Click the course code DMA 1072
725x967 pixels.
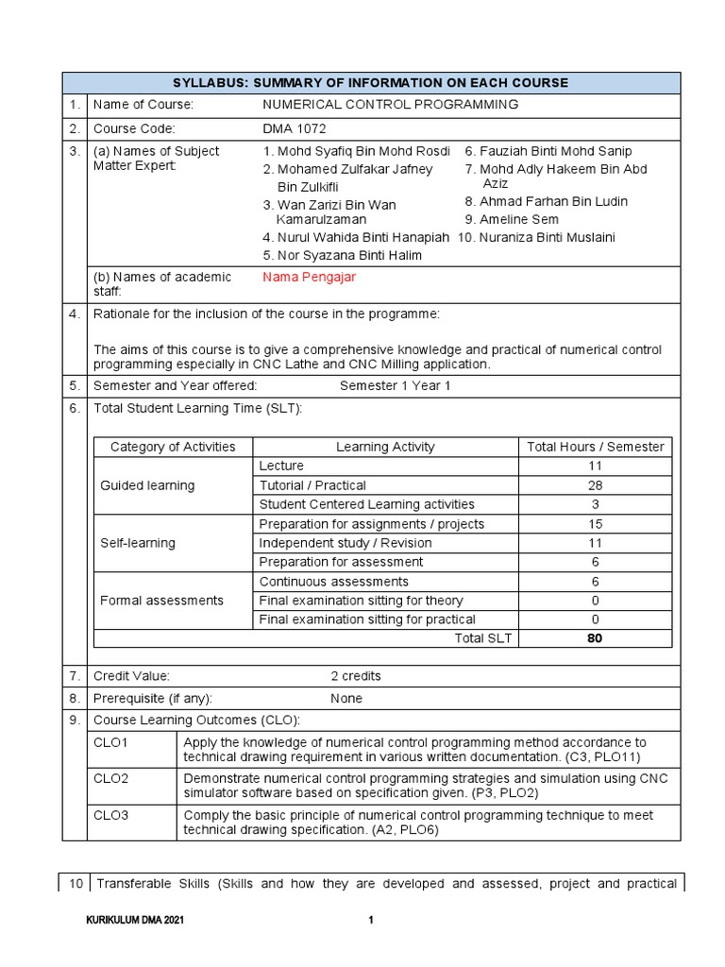[295, 128]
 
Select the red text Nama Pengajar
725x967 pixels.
[309, 277]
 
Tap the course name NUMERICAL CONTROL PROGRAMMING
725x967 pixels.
[390, 105]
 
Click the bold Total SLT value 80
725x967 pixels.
[595, 638]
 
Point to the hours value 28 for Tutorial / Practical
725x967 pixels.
[595, 485]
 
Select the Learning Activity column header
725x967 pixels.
[385, 447]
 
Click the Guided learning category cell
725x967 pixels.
[147, 485]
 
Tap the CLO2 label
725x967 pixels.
[111, 779]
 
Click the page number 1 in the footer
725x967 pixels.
[371, 921]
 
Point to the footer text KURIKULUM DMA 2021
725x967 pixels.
[135, 921]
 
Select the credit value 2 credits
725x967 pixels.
[356, 676]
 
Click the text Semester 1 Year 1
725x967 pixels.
[396, 386]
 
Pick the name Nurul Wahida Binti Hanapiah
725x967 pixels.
[356, 238]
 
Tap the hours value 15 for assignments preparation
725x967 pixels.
[595, 524]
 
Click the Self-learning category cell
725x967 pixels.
[138, 543]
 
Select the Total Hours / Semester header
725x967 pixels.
[595, 447]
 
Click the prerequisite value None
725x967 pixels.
[346, 699]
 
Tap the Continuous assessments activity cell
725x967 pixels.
[334, 582]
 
